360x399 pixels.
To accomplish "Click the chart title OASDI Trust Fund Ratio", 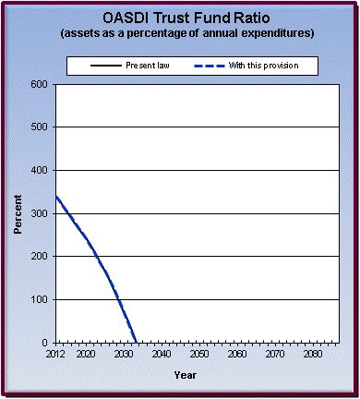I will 185,17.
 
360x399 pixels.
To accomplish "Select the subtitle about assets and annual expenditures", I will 185,33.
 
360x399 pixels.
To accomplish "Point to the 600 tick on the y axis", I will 40,84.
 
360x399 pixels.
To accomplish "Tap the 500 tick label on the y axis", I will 40,127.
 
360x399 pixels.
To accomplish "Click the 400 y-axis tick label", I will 40,171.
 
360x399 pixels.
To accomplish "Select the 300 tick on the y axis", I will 40,213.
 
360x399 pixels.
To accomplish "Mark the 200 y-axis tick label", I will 40,257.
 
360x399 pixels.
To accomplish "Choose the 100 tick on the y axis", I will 40,300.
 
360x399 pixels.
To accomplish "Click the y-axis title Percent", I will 18,213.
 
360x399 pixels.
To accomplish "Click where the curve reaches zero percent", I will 136,343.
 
